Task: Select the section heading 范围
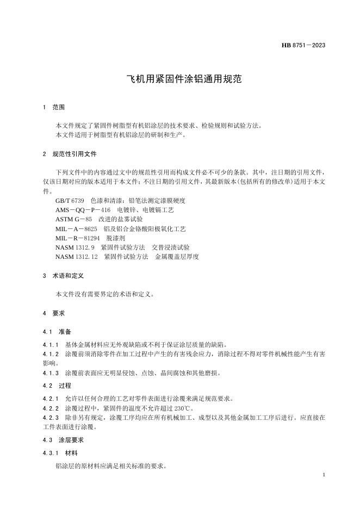click(59, 108)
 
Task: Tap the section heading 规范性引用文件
click(75, 154)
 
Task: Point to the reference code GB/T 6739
click(70, 201)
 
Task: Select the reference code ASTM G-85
click(73, 219)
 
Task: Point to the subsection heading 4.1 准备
click(57, 331)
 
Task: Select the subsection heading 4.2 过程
click(57, 385)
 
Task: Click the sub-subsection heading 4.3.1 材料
click(60, 453)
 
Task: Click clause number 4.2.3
click(51, 417)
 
